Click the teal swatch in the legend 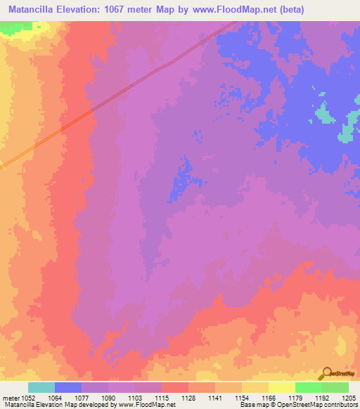click(x=41, y=387)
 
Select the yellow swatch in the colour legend click(x=282, y=387)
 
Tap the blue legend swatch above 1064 click(x=68, y=387)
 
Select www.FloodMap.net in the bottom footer click(x=148, y=405)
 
